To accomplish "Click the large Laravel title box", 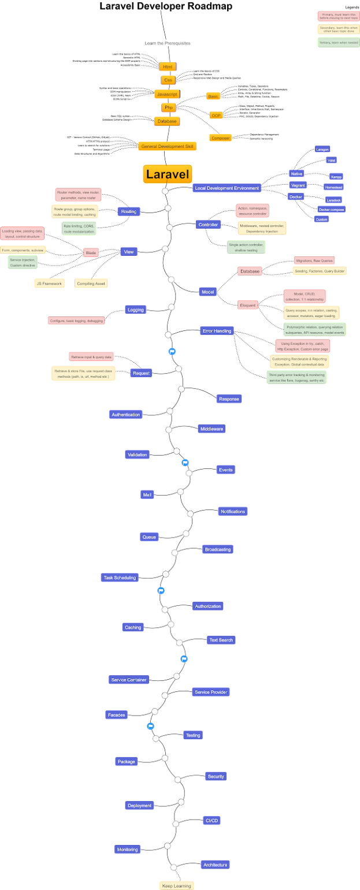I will click(168, 174).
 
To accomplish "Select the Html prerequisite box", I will click(168, 67).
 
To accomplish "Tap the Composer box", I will click(220, 138).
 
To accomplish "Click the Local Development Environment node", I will click(227, 188).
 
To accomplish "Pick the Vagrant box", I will click(298, 185).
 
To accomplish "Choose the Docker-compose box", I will click(331, 209).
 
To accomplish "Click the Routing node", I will click(129, 211).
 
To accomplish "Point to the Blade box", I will click(91, 252).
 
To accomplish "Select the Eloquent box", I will click(248, 305).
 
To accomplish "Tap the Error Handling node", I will click(217, 331).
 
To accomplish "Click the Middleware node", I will click(211, 429).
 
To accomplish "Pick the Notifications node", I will click(233, 511).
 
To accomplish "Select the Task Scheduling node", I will click(120, 578).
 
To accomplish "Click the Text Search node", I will click(221, 640).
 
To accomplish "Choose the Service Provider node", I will click(211, 692).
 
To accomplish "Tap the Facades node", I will click(116, 715).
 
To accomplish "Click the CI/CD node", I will click(211, 821).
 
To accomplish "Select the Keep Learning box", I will click(176, 885).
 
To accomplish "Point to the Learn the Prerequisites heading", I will click(168, 43).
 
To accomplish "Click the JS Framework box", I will click(49, 284).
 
